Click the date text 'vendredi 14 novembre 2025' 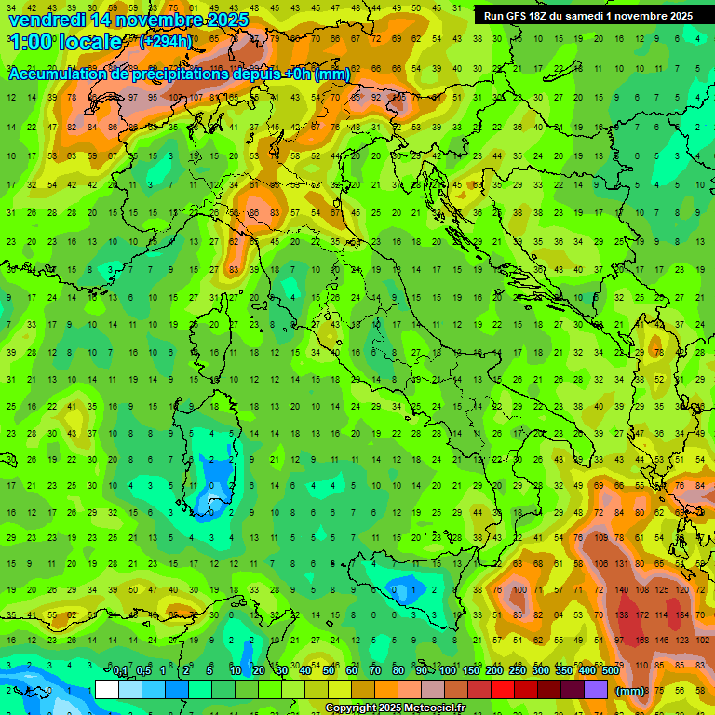pos(128,20)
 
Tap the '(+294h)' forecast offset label pos(166,42)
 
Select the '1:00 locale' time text pos(65,42)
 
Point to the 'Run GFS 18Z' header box pos(588,16)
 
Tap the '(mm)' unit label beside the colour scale pos(630,690)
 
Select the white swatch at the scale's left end pos(107,690)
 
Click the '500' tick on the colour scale pos(610,671)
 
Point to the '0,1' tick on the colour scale pos(120,671)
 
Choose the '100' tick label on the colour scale pos(447,671)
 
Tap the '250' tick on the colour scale pos(517,671)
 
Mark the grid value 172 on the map pos(641,615)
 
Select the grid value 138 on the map pos(619,615)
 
